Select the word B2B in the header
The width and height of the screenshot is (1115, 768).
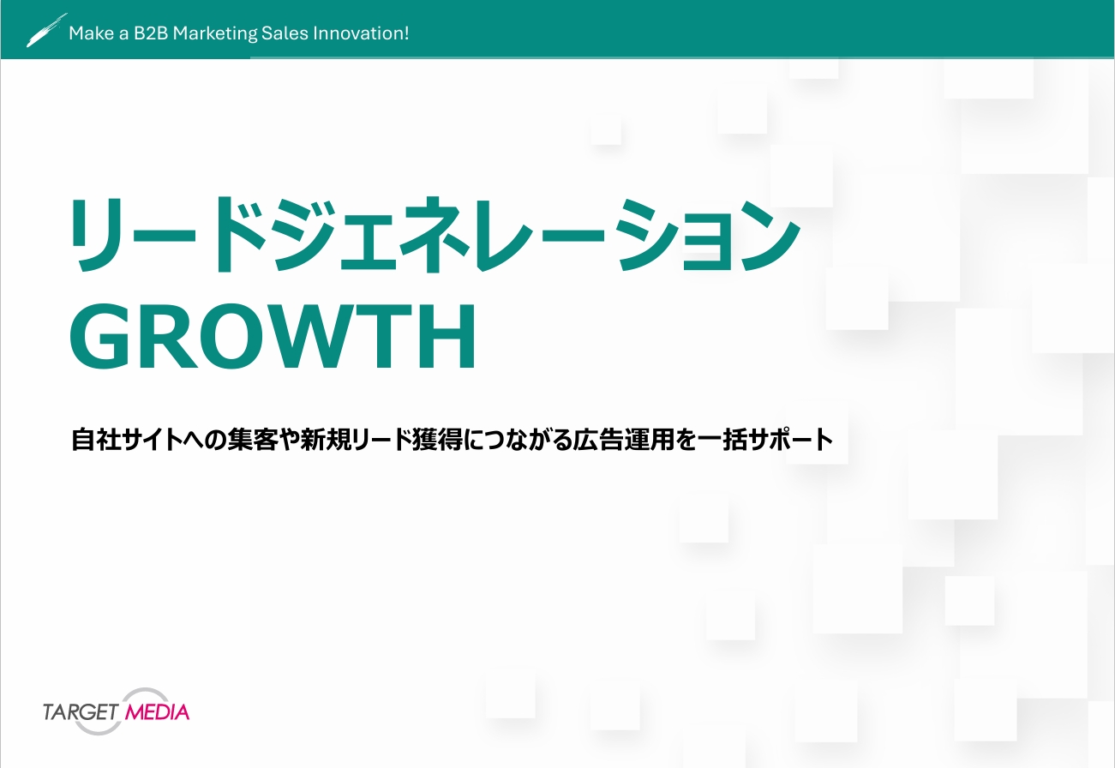point(148,33)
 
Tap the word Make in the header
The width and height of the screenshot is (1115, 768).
point(87,33)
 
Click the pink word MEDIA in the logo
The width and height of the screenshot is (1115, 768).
point(157,711)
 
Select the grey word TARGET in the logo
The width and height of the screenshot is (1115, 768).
point(81,711)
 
